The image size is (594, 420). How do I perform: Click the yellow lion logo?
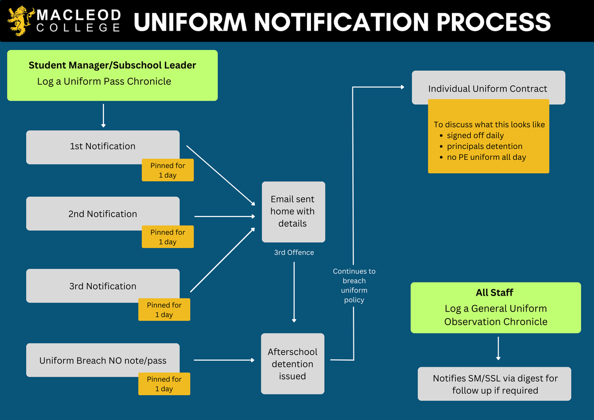[x=21, y=21]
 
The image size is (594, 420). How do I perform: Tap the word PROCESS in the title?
[x=494, y=22]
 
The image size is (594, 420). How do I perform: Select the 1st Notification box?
[x=102, y=147]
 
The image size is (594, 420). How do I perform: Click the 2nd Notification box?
[x=102, y=213]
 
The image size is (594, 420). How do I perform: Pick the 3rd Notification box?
[x=102, y=286]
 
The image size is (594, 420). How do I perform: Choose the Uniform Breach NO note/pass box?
[x=102, y=360]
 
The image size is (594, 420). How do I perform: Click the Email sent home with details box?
[x=293, y=211]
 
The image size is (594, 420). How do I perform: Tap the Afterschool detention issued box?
[x=293, y=364]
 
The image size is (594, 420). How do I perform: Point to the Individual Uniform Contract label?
[x=488, y=89]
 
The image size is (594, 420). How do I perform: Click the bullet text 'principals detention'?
[x=485, y=146]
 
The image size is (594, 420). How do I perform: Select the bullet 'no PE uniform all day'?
[x=486, y=157]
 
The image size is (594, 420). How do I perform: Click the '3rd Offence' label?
[x=294, y=252]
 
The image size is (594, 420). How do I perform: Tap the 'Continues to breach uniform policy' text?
[x=354, y=285]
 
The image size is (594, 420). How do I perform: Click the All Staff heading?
[x=495, y=292]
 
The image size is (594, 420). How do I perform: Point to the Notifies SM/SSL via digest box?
[x=495, y=384]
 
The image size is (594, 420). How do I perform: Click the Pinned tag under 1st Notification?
[x=168, y=170]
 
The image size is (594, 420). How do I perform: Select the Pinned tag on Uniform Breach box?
[x=164, y=384]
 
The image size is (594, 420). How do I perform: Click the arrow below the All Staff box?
[x=498, y=348]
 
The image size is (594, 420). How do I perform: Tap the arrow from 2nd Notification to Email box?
[x=225, y=216]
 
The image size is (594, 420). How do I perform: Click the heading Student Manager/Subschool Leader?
[x=112, y=65]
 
